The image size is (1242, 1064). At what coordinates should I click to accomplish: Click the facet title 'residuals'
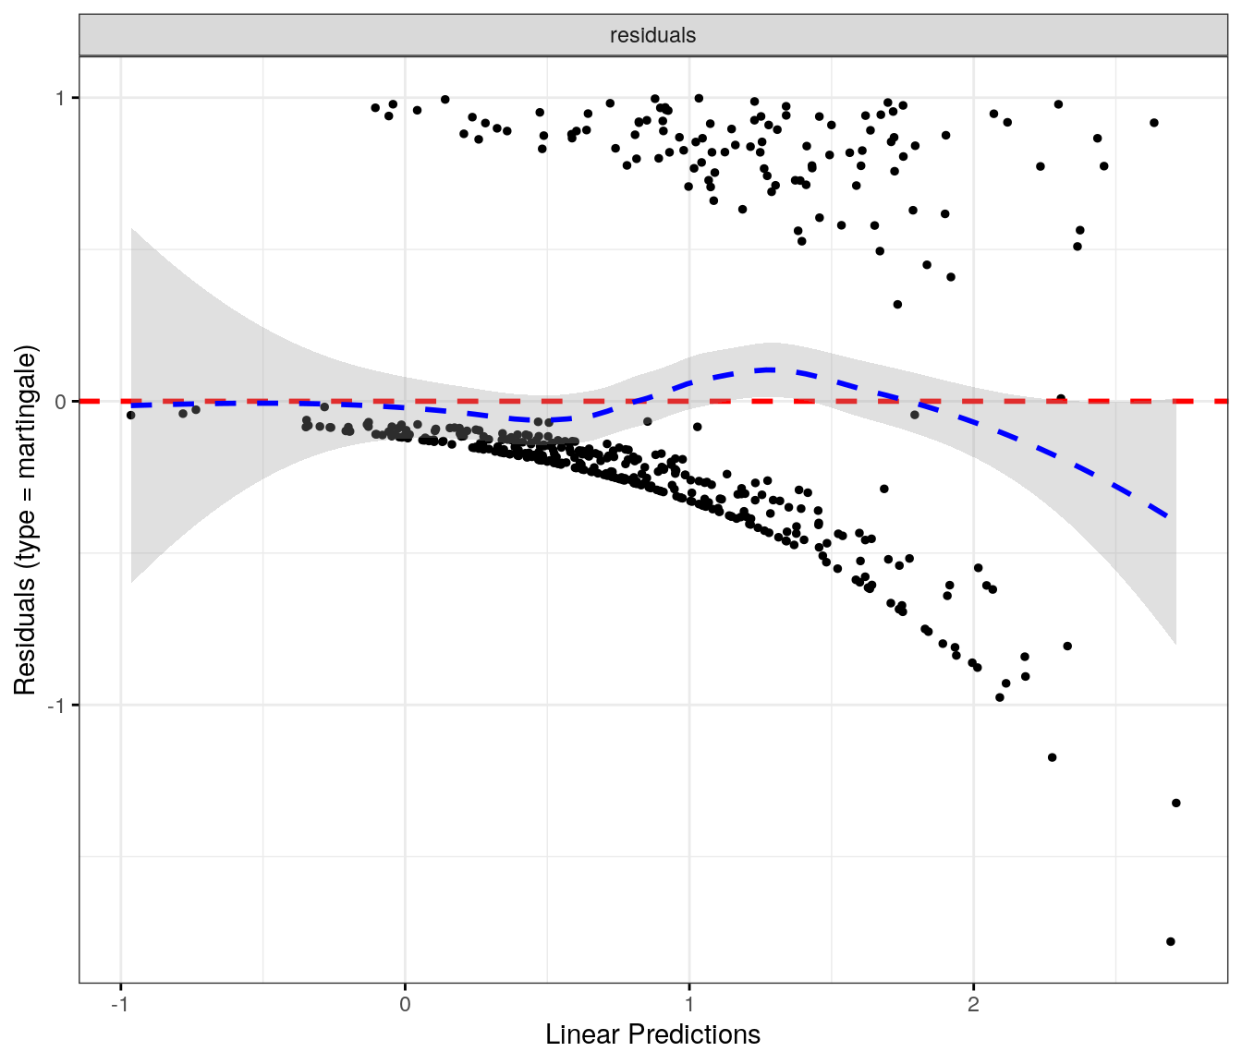point(652,35)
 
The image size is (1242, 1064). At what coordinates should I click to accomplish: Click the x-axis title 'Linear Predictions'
point(652,1034)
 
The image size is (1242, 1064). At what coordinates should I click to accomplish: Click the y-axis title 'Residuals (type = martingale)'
point(25,521)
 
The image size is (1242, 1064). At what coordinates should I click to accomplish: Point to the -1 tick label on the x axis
point(119,1004)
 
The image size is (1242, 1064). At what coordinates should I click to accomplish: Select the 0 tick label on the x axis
point(405,1004)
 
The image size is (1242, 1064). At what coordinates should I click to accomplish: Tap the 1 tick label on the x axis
point(689,1004)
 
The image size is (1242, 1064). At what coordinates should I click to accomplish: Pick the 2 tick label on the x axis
point(973,1004)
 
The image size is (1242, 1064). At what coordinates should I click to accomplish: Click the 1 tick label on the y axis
point(61,98)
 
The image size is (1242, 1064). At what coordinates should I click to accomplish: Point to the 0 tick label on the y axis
point(61,402)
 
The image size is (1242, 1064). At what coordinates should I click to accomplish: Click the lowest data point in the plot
point(1171,941)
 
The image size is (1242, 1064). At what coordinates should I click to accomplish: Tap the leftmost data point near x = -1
point(131,415)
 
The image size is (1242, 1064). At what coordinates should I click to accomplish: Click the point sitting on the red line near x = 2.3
point(1061,399)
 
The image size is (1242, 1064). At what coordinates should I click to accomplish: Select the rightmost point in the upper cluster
point(1154,123)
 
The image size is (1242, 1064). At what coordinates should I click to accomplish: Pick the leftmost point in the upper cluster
point(375,108)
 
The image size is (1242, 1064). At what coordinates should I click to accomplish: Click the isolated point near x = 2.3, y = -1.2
point(1052,757)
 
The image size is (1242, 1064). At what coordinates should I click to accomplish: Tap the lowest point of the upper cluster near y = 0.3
point(897,304)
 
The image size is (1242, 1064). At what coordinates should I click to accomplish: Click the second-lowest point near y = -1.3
point(1176,803)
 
